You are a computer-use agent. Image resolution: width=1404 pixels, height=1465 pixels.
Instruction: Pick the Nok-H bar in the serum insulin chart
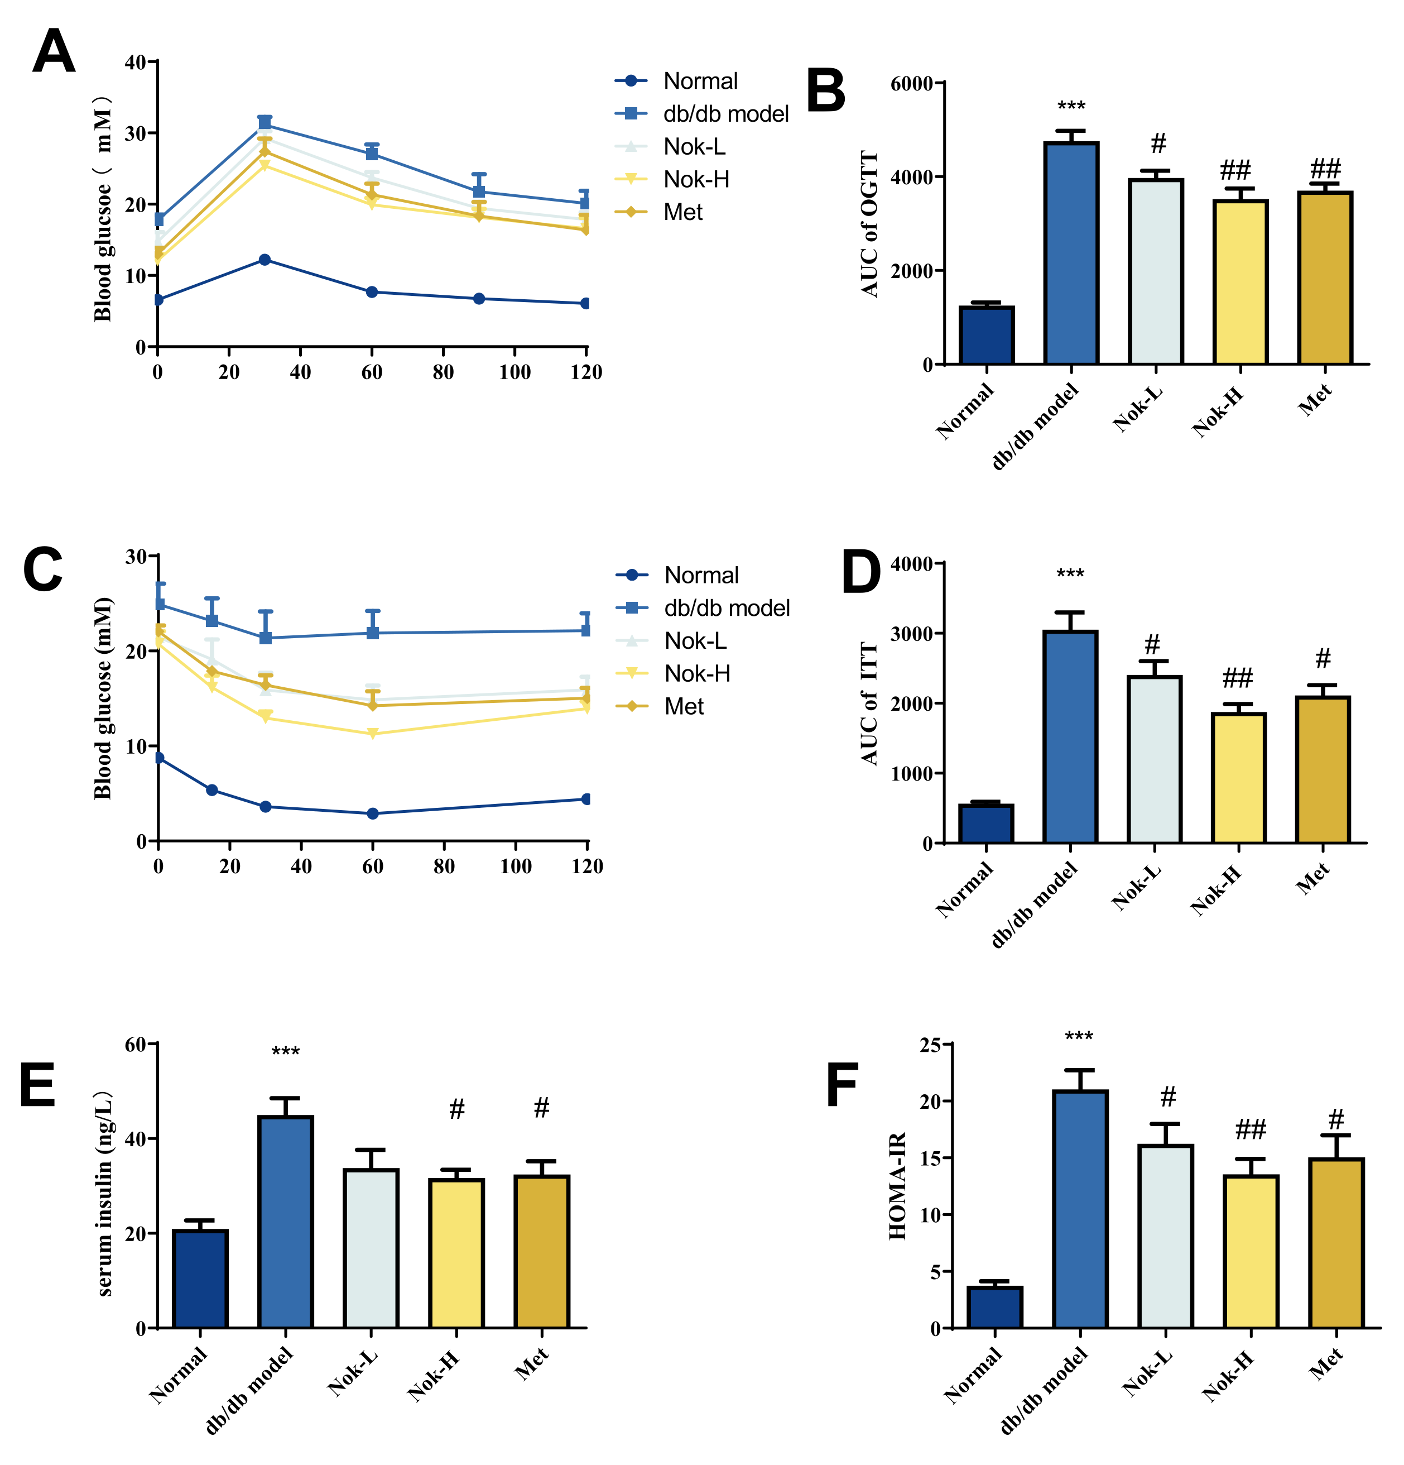click(456, 1253)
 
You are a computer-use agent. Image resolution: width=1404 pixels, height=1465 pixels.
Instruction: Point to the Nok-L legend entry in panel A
click(694, 146)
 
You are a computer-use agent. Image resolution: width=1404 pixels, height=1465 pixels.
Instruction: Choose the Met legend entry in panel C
click(684, 706)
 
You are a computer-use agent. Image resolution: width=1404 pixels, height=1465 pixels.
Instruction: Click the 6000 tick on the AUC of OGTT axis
click(912, 83)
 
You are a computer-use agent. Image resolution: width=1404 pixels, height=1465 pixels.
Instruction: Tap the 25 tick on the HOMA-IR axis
click(930, 1045)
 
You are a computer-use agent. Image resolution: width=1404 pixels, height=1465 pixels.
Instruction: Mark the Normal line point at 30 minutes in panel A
click(265, 260)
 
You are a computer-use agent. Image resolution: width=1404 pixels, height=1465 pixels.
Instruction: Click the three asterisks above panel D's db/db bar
click(1070, 574)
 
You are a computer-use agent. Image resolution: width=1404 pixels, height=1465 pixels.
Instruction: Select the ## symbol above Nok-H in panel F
click(1250, 1129)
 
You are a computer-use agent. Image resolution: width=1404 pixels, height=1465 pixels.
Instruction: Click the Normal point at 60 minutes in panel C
click(373, 813)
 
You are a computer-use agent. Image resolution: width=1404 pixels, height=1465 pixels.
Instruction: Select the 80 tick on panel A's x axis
click(443, 372)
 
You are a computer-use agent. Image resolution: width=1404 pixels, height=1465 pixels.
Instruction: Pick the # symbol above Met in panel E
click(542, 1107)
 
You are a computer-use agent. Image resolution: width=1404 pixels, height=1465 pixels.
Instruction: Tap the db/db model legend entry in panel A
click(725, 113)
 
